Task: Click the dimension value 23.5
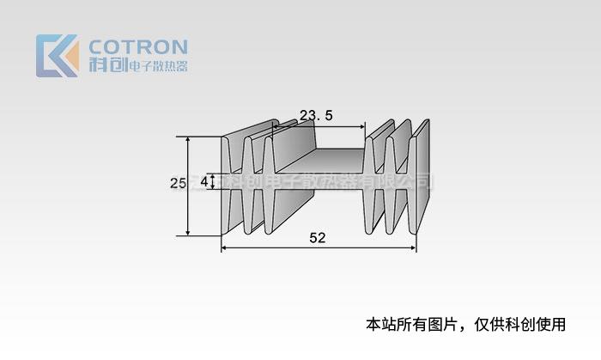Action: (x=315, y=115)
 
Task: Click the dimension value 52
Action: (x=317, y=239)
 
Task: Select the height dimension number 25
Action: (x=178, y=183)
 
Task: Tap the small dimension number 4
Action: (x=204, y=182)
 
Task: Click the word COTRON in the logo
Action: (x=137, y=46)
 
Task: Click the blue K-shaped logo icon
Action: (x=57, y=56)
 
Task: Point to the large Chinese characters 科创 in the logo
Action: (x=107, y=65)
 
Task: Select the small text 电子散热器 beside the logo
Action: (x=157, y=66)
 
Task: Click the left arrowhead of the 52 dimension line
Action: (x=225, y=247)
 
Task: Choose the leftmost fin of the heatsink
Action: (x=228, y=185)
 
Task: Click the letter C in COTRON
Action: (x=97, y=46)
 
